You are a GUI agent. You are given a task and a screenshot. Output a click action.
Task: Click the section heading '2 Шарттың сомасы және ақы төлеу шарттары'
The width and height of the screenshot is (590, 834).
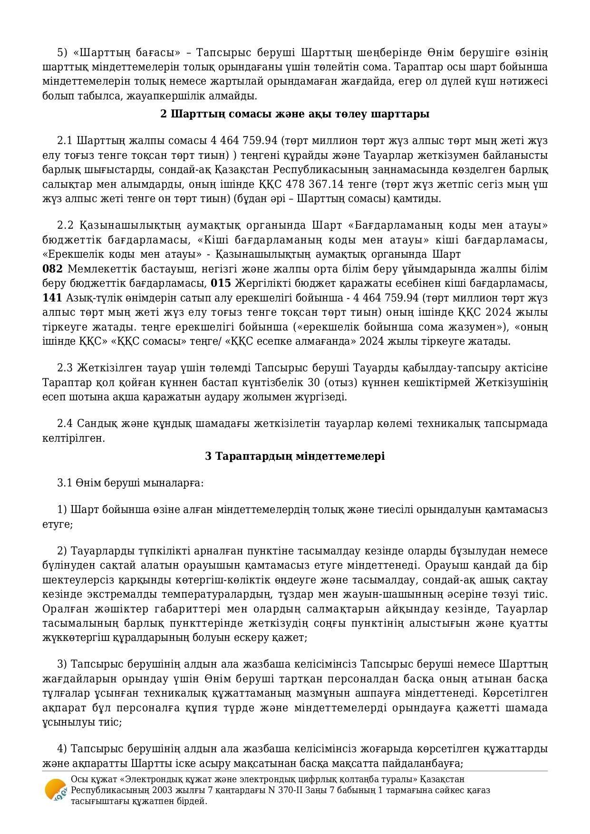pos(295,114)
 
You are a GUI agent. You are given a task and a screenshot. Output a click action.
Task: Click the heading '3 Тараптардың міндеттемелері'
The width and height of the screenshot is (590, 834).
pos(295,456)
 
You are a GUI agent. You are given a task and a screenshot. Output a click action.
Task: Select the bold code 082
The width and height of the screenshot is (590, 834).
pos(52,269)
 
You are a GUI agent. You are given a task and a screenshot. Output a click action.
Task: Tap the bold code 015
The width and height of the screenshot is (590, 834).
pos(221,283)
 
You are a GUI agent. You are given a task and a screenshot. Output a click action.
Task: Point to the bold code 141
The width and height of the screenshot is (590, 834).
pos(52,298)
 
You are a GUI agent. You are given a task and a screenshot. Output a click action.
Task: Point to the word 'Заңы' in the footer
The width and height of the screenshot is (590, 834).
pos(344,790)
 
